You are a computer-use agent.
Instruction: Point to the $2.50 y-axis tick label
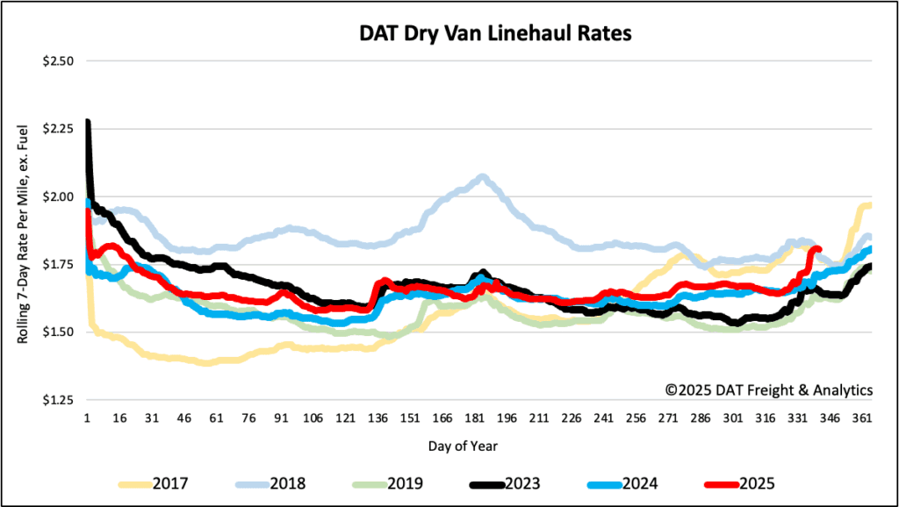(60, 61)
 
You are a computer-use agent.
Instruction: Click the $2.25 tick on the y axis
(60, 129)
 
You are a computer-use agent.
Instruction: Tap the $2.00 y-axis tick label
(60, 196)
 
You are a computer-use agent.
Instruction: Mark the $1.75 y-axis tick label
(60, 264)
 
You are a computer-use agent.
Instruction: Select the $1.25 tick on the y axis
(60, 400)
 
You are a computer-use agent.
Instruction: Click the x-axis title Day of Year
(464, 446)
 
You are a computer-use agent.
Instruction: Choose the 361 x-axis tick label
(862, 418)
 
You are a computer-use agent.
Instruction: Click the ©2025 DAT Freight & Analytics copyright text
(768, 389)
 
